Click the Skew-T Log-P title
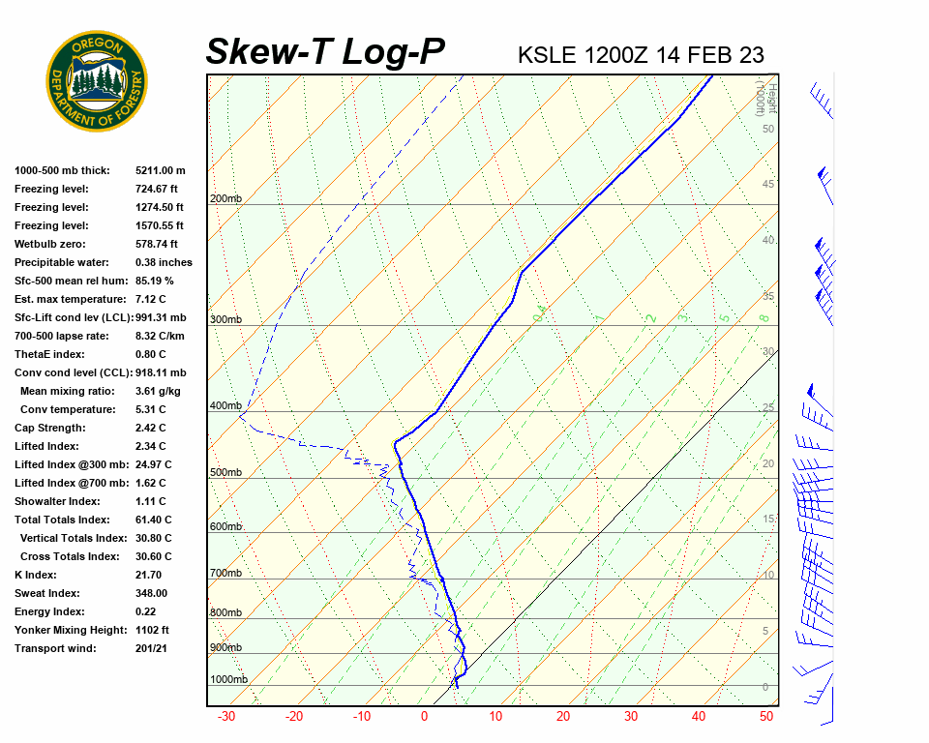pos(325,52)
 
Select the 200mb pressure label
pos(225,199)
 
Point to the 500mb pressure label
pos(225,472)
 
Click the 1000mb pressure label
pos(228,679)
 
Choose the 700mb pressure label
pos(225,574)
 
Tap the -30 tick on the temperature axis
pos(226,717)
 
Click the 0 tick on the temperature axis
pos(424,717)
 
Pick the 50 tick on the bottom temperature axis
pos(766,717)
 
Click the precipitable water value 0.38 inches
pos(164,262)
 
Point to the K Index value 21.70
pos(150,575)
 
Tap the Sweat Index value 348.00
pos(152,593)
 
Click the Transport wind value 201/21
pos(152,648)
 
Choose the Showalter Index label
pos(57,501)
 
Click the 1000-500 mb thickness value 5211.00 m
pos(161,170)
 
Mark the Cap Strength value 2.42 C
pos(151,428)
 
